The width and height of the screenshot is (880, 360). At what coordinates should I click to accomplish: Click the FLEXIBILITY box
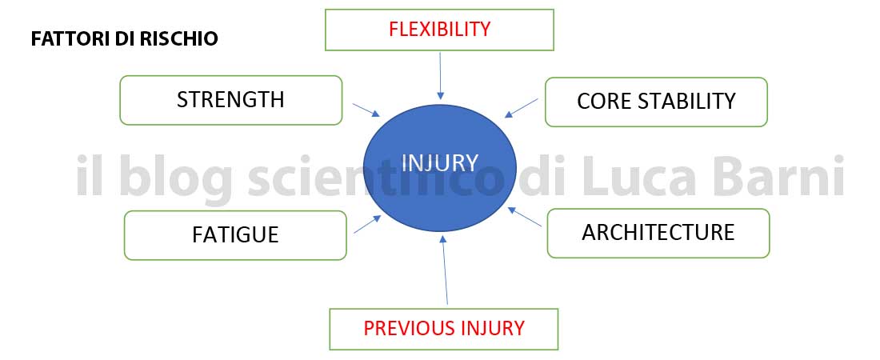[x=439, y=30]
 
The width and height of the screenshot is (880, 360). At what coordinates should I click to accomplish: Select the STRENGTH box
[x=230, y=100]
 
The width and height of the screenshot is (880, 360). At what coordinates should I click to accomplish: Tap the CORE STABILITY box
[x=656, y=102]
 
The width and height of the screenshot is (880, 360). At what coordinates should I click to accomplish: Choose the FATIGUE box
[x=235, y=235]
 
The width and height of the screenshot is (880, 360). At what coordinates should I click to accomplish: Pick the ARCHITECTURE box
[x=658, y=233]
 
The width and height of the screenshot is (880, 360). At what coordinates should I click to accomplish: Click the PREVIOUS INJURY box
[x=443, y=329]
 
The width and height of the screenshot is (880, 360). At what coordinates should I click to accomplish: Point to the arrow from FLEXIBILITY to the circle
[x=441, y=76]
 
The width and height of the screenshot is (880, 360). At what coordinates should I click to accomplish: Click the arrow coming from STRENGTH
[x=366, y=110]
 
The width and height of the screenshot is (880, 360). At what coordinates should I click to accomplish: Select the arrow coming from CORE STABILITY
[x=521, y=108]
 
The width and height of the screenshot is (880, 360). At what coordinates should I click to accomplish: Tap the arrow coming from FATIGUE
[x=368, y=224]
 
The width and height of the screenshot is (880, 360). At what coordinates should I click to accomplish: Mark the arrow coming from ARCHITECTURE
[x=524, y=217]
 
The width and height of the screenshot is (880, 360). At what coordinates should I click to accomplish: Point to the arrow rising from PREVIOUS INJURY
[x=445, y=270]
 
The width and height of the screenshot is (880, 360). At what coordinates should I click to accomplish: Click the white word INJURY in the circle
[x=440, y=163]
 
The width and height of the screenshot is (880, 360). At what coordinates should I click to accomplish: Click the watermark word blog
[x=176, y=178]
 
